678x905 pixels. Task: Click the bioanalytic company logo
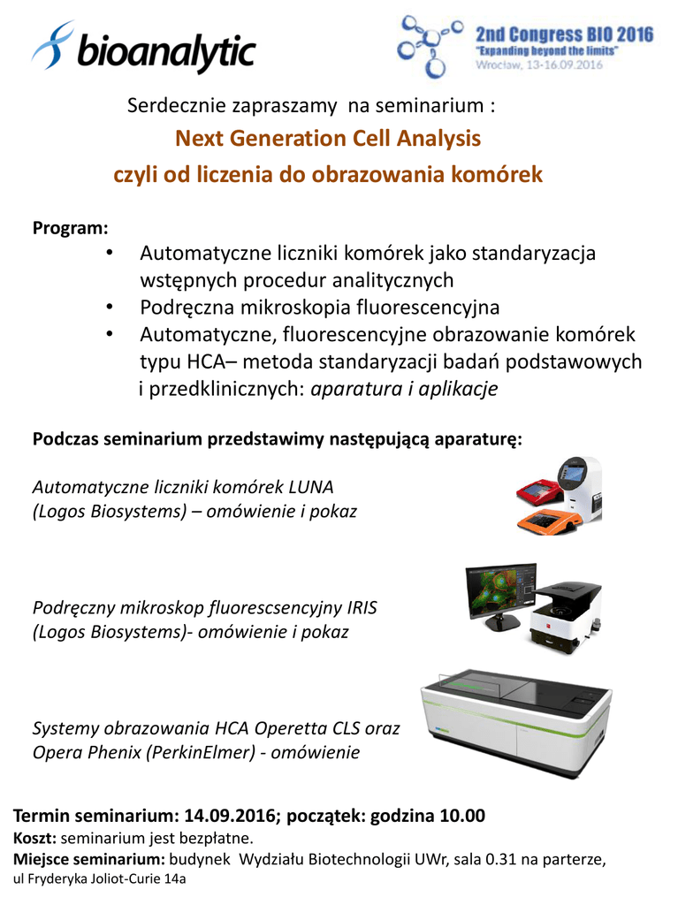(143, 48)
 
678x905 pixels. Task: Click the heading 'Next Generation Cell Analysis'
(328, 139)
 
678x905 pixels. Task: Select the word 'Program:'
(71, 228)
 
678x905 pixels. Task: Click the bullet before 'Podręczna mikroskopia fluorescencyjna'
(110, 307)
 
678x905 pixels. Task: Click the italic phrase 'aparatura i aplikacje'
(404, 389)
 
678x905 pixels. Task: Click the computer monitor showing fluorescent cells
(501, 597)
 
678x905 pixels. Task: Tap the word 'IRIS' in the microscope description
(362, 608)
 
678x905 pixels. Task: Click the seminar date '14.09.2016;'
(232, 816)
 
